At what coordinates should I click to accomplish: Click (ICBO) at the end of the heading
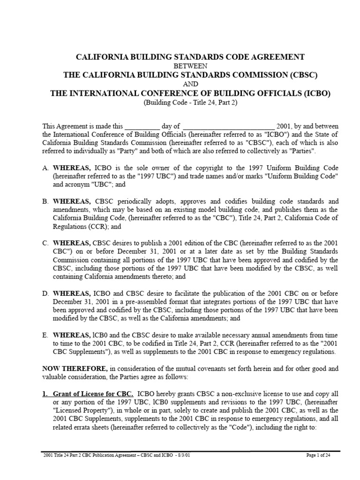(315, 93)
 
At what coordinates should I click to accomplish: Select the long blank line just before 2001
(228, 127)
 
